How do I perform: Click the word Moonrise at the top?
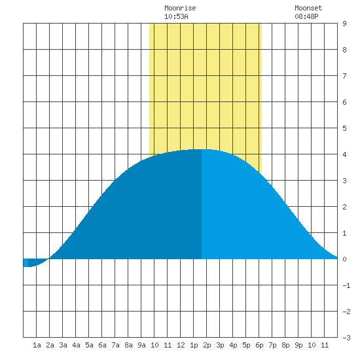coord(180,8)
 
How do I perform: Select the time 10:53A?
coord(176,16)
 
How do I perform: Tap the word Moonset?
coord(308,8)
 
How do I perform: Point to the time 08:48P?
coord(306,16)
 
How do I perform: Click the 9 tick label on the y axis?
coord(344,24)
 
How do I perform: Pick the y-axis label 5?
coord(344,128)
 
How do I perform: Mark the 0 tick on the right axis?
coord(344,259)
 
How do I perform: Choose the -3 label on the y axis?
coord(346,338)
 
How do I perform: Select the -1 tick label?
coord(346,285)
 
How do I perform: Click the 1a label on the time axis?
coord(37,345)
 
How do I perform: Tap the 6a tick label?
coord(102,345)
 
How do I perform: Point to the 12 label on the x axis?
coord(181,345)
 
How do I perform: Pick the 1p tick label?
coord(194,345)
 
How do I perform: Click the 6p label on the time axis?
coord(259,345)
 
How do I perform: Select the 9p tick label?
coord(298,345)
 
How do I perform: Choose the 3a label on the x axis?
coord(63,345)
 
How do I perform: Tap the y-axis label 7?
coord(344,76)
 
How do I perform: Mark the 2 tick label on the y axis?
coord(344,207)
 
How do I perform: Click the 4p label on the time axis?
coord(233,345)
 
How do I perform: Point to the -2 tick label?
coord(346,312)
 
